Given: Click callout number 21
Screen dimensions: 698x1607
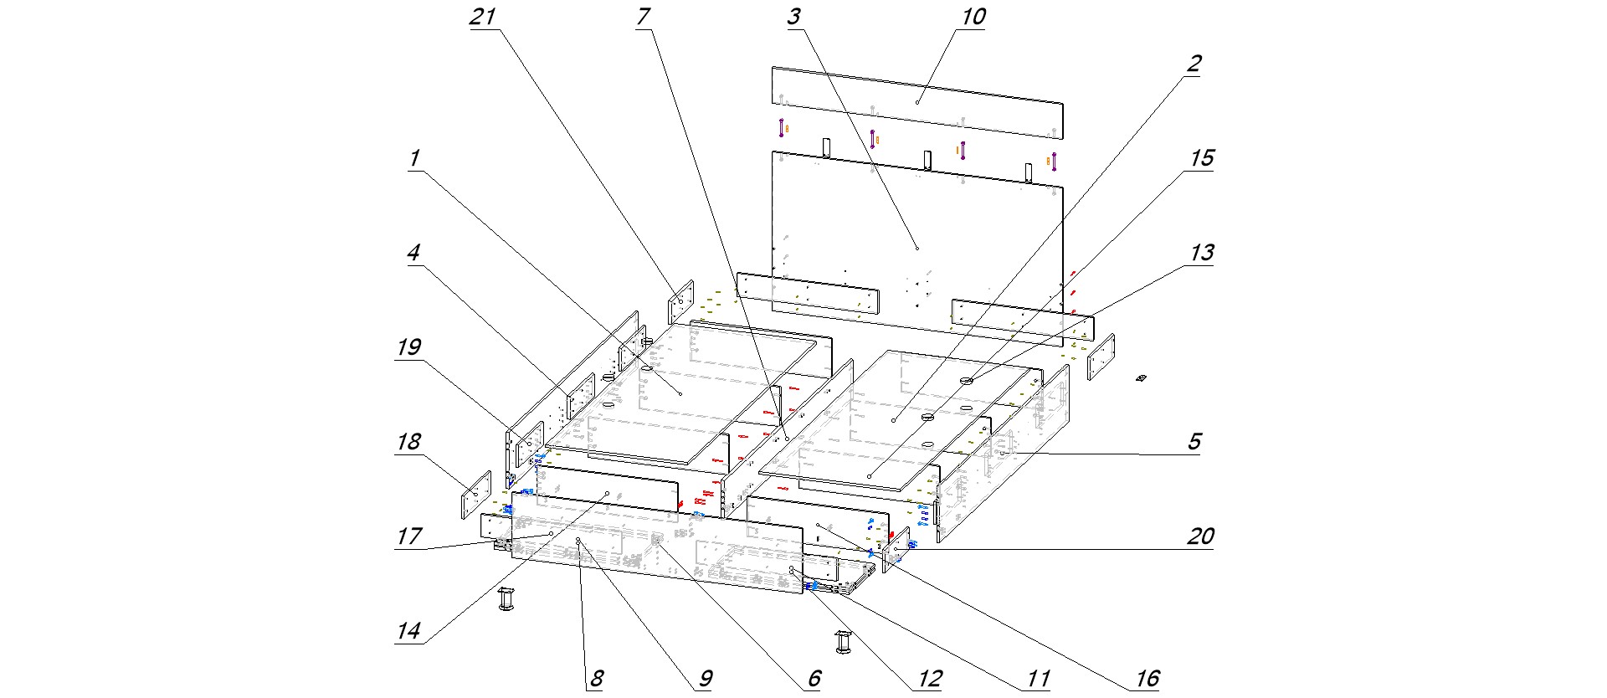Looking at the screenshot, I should point(483,17).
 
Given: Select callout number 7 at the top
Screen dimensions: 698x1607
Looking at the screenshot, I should point(643,17).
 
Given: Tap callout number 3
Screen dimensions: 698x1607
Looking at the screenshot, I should point(793,17).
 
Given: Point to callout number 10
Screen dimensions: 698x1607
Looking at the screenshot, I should point(973,17).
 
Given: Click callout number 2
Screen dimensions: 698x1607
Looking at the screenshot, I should point(1194,64).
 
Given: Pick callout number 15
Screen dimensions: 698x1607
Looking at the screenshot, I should point(1202,158).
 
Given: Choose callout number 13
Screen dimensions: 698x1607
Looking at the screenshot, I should point(1202,253).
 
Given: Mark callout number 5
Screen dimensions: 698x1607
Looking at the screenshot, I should point(1194,441).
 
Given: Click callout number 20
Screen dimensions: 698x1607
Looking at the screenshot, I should point(1201,536).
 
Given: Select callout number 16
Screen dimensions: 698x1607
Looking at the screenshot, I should point(1147,678).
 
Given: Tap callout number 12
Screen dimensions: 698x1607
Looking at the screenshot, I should point(930,678).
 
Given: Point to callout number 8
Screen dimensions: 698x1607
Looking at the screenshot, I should point(597,678).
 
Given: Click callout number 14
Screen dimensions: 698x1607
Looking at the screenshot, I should point(408,630).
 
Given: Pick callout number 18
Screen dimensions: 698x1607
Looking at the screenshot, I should point(408,441).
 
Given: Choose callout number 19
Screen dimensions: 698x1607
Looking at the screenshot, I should point(408,347).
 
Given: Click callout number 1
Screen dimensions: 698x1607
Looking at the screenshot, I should point(413,158).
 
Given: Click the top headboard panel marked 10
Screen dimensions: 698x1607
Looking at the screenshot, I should point(916,102).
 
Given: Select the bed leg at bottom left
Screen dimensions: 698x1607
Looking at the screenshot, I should point(507,598).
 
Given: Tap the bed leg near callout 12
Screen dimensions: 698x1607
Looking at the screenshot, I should point(843,643).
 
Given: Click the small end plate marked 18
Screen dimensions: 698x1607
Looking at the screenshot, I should point(475,495).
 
